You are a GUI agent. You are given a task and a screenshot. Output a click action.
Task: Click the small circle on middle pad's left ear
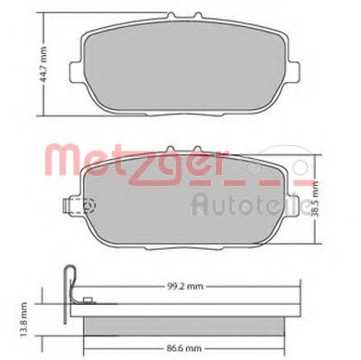click(88, 206)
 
